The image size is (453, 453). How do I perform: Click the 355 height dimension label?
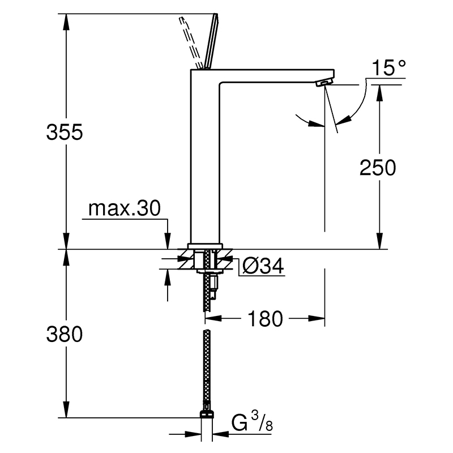pos(65,133)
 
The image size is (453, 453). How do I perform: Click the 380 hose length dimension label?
pos(65,334)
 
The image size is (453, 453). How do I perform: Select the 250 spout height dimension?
pos(378,168)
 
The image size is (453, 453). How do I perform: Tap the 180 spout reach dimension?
pos(265,319)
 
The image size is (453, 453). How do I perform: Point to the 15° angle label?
pos(388,68)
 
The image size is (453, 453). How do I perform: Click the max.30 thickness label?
pos(124,208)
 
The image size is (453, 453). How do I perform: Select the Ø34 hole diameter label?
pos(263,266)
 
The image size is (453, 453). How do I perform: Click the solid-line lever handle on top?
pos(211,41)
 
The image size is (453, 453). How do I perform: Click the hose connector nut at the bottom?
pos(207,413)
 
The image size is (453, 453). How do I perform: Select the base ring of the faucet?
pos(205,246)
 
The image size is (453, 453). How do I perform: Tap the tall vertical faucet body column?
pos(205,156)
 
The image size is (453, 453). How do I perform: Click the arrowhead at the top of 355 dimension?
pos(66,22)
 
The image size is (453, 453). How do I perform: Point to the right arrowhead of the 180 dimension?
pos(317,319)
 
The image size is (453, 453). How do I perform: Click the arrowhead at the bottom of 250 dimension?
pos(379,241)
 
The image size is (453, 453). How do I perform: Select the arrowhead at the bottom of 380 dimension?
pos(66,409)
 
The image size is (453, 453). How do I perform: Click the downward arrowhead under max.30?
pos(168,241)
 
